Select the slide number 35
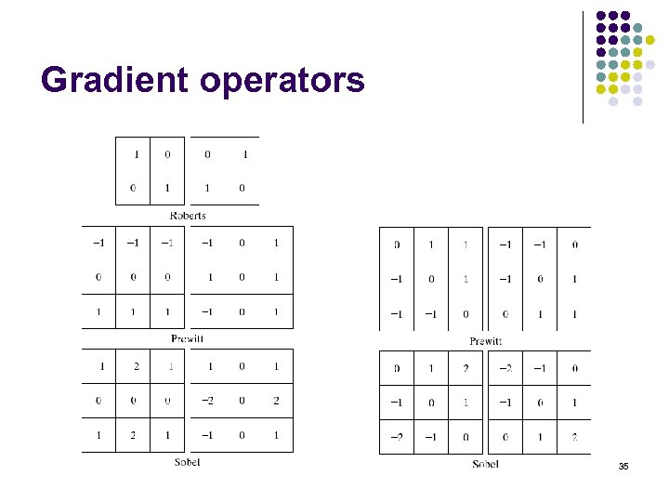tap(623, 466)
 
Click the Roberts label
tap(188, 216)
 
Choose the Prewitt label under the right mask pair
tap(485, 341)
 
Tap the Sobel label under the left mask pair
tap(188, 462)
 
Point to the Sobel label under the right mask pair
tap(485, 464)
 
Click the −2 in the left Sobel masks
tap(206, 401)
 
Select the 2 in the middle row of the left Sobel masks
tap(276, 401)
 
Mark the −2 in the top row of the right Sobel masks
tap(505, 368)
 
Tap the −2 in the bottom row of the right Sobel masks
tap(397, 435)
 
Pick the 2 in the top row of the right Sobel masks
tap(466, 368)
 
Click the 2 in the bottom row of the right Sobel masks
tap(574, 435)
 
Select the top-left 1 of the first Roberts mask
tap(136, 154)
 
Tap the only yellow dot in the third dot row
tap(649, 40)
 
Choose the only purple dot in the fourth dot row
tap(601, 52)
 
